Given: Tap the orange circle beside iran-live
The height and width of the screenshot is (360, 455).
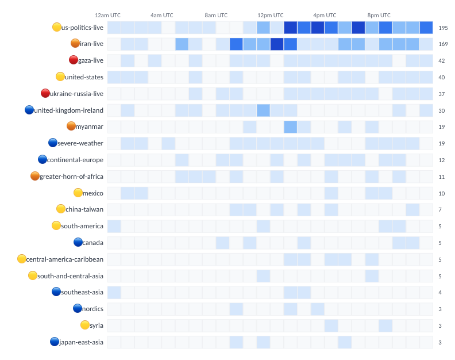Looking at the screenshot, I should (75, 43).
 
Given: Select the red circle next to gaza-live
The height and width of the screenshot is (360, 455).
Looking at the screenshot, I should (74, 60).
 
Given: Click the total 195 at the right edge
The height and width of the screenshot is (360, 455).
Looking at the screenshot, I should (443, 28).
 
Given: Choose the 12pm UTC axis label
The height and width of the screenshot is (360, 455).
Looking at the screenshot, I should (270, 15).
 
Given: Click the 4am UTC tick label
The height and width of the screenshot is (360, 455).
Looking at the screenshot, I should (161, 15).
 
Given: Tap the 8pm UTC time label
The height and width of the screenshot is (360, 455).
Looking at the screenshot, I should (379, 15).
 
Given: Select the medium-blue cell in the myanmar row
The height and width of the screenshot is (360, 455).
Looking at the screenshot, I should (290, 127).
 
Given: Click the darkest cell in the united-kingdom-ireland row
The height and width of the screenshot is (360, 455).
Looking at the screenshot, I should (263, 110).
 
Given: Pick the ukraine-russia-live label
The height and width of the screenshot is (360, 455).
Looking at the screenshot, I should (76, 93).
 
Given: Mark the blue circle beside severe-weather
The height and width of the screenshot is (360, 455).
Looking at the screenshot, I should (53, 143).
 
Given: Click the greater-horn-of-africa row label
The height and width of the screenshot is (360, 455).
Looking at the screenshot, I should (71, 176).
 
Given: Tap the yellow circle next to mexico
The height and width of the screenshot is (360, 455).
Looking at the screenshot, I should (78, 193).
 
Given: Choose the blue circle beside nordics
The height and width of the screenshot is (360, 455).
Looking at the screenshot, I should (78, 308).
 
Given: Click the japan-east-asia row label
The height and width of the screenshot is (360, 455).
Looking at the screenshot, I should (81, 342).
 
